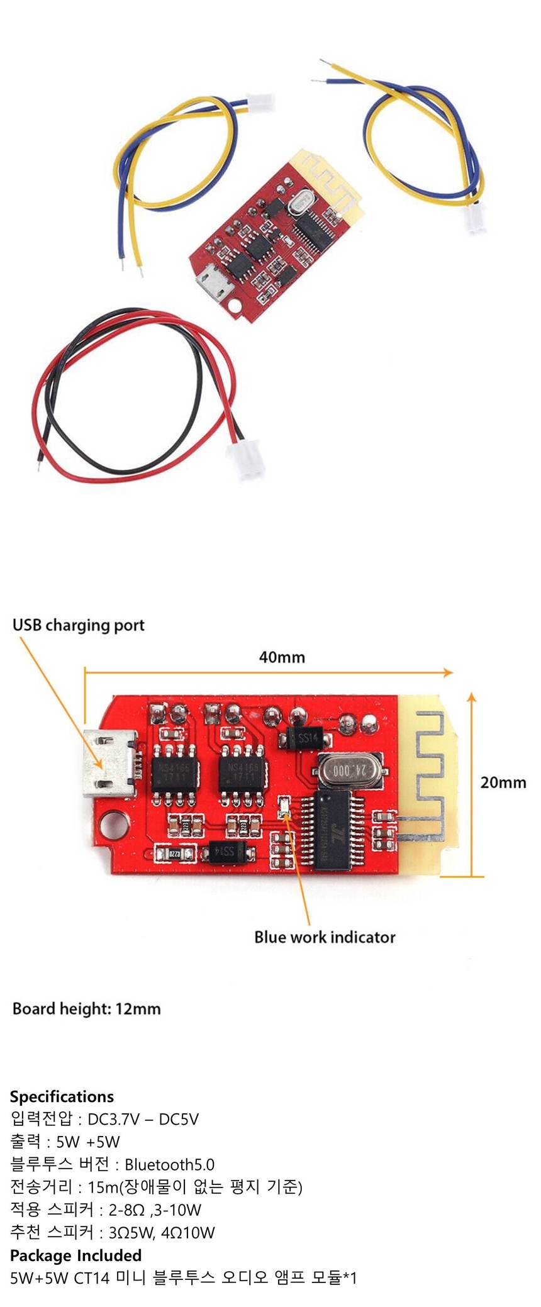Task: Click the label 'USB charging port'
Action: [x=79, y=625]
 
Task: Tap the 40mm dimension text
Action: [x=282, y=657]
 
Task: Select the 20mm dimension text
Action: [x=503, y=782]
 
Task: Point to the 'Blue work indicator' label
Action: [x=325, y=937]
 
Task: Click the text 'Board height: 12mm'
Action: [x=87, y=1009]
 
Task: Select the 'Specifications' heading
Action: [x=62, y=1096]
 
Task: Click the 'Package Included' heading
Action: [x=75, y=1255]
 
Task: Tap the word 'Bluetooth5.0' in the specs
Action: [x=169, y=1164]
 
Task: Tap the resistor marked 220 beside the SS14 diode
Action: [x=176, y=854]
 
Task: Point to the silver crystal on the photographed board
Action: [x=300, y=203]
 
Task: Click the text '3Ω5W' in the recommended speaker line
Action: [x=131, y=1232]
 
